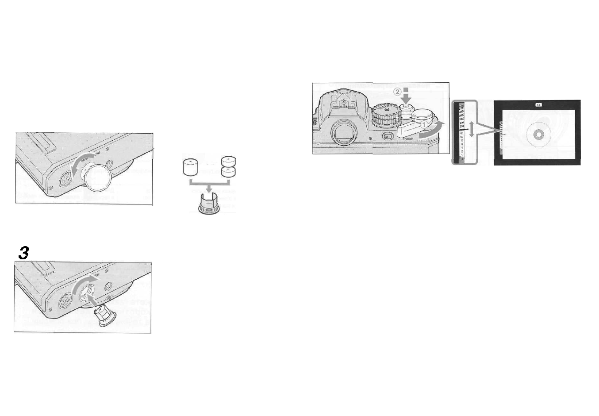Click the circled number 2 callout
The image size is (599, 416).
[397, 92]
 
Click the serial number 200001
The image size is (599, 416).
[409, 139]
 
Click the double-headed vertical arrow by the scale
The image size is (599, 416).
[472, 129]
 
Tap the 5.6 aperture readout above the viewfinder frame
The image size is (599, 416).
[538, 105]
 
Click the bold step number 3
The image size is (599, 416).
[23, 253]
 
